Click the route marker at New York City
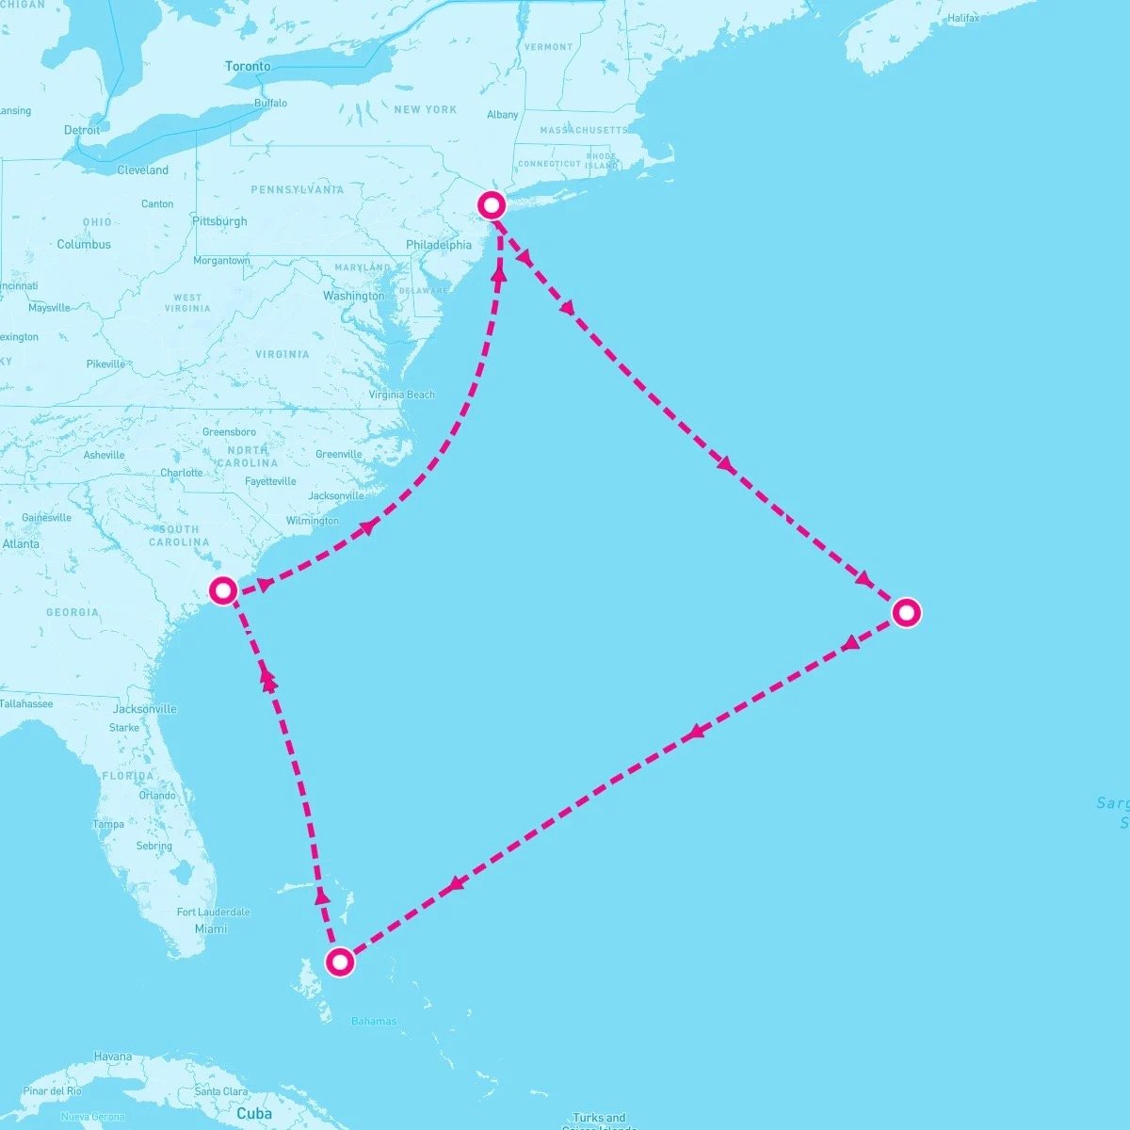point(492,204)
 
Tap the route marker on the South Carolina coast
point(223,590)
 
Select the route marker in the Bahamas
point(340,961)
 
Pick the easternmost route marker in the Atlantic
point(906,613)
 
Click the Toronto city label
point(248,67)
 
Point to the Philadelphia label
point(439,245)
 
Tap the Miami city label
point(211,928)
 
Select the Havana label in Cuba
point(113,1057)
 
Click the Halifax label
point(963,18)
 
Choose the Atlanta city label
point(21,543)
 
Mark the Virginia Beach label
point(402,395)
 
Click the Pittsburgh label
point(219,221)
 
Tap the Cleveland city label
point(143,170)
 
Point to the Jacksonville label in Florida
point(144,709)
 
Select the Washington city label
point(354,296)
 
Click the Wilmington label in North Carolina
point(313,521)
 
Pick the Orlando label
point(157,795)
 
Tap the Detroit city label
point(82,130)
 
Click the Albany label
point(503,115)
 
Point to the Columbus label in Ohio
point(84,244)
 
